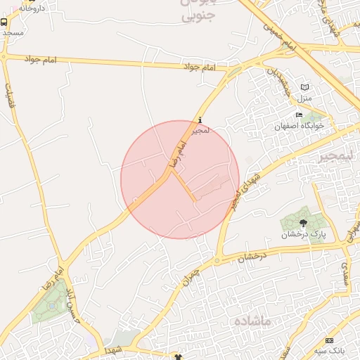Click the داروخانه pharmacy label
(31, 7)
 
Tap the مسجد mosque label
(13, 32)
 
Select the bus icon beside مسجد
(5, 22)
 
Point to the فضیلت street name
(10, 89)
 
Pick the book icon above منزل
(304, 86)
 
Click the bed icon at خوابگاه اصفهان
(299, 115)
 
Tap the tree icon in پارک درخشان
(303, 223)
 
